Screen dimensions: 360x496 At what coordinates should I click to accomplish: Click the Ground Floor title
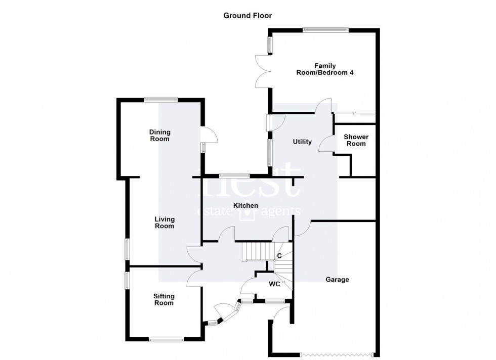coord(247,16)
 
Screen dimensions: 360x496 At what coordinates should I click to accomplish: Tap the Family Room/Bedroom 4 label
coord(324,69)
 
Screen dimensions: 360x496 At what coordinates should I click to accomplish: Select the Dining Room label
coord(159,136)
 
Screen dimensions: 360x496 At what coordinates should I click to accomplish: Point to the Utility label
coord(302,142)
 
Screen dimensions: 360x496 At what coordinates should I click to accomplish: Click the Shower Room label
coord(356,140)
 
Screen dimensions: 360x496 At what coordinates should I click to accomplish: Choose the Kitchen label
coord(246,206)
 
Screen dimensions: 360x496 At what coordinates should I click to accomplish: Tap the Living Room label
coord(164,223)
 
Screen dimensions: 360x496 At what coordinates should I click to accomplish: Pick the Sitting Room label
coord(164,300)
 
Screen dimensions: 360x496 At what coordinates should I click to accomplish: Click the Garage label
coord(337,279)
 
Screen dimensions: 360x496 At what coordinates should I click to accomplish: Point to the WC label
coord(274,284)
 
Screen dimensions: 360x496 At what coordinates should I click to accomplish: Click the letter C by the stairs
coord(279,256)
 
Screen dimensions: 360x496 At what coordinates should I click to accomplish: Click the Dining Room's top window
coord(161,99)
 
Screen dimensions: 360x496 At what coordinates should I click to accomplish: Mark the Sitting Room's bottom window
coord(166,339)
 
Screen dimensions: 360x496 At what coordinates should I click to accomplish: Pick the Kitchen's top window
coord(234,175)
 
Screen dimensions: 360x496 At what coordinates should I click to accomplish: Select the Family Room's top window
coord(325,30)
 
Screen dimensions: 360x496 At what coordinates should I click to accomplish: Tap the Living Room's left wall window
coord(127,249)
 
